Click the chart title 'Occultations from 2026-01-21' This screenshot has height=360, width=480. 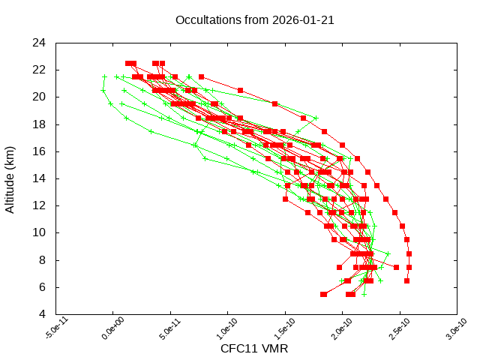tap(254, 20)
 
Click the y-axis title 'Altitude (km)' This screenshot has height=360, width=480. tap(10, 178)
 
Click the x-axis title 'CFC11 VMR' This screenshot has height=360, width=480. tap(254, 349)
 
